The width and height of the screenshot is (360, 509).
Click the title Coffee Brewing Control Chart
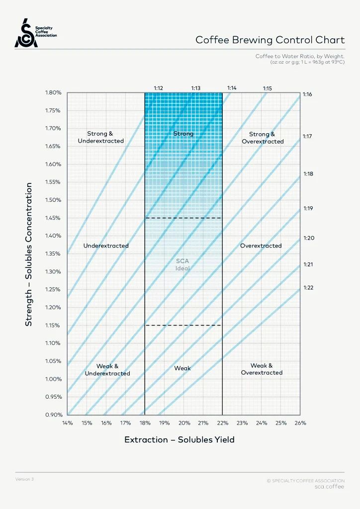(270, 40)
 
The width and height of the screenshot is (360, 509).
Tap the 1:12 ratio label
(159, 88)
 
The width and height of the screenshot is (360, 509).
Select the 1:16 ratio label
(307, 94)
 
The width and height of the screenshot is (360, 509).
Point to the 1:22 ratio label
(308, 287)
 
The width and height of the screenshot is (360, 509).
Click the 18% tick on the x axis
(145, 423)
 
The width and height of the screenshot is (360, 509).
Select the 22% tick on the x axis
(222, 423)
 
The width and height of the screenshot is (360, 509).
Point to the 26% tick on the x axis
(300, 423)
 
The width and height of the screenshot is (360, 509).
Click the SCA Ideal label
(182, 264)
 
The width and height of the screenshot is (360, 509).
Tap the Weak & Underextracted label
(107, 370)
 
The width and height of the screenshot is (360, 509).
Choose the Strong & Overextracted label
(263, 138)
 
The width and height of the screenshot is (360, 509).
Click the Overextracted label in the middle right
(261, 246)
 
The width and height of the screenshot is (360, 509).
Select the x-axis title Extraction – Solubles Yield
(179, 440)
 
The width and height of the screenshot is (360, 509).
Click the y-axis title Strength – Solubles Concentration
(29, 254)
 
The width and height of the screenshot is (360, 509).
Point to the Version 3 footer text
(24, 479)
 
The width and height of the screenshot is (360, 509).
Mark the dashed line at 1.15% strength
(183, 325)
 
